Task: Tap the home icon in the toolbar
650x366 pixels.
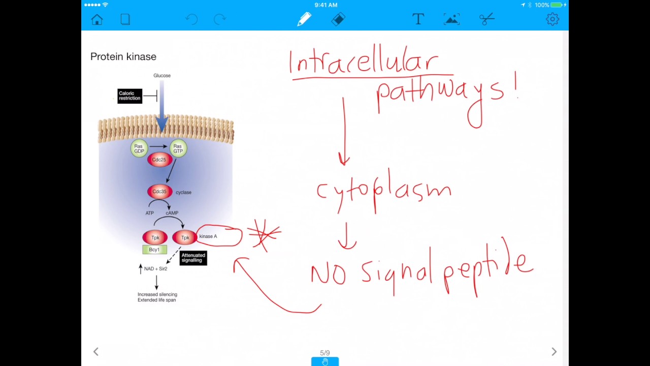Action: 97,19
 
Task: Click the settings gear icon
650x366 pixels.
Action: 552,19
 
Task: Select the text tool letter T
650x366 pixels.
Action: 418,19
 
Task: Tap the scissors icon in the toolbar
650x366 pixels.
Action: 486,19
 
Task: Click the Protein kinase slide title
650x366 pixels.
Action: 123,56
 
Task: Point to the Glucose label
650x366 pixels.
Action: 162,76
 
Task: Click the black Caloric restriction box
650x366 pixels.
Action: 129,96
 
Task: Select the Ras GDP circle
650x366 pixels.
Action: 139,148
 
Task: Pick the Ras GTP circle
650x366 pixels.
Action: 178,148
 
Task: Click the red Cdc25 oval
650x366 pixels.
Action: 159,160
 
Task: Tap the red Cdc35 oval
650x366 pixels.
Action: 159,192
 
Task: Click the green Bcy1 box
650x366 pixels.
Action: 154,250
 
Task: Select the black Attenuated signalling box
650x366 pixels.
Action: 193,258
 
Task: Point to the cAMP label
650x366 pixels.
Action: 172,213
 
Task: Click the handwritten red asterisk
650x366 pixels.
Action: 264,234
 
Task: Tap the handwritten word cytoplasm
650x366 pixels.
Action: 383,191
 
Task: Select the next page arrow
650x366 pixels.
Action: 554,352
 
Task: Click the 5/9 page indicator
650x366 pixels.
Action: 325,353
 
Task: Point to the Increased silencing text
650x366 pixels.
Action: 157,294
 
